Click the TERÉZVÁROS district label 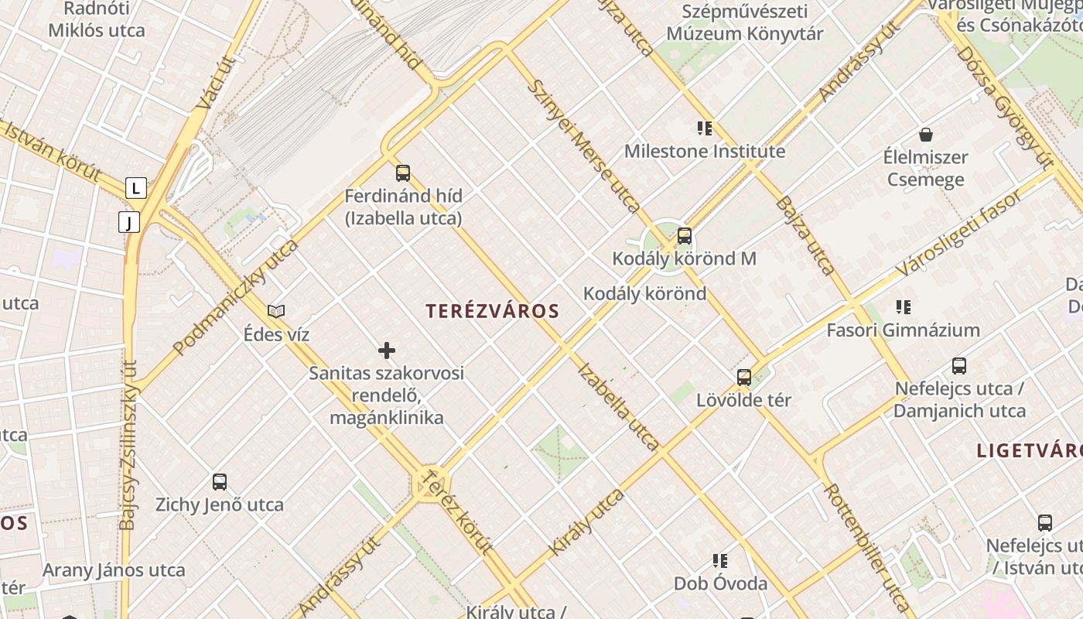(x=492, y=311)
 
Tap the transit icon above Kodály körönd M (x=684, y=236)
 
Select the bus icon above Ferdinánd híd (x=402, y=173)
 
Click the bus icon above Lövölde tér (x=744, y=378)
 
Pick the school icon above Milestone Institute (x=704, y=128)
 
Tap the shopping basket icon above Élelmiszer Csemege (x=925, y=135)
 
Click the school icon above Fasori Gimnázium (x=903, y=307)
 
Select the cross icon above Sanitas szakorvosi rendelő (x=387, y=351)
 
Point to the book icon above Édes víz (x=276, y=311)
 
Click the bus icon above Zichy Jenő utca (x=220, y=482)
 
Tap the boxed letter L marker (x=136, y=187)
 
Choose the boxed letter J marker (x=129, y=222)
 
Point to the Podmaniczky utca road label (x=235, y=298)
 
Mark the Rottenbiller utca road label (x=866, y=546)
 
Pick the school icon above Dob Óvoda (x=720, y=560)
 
